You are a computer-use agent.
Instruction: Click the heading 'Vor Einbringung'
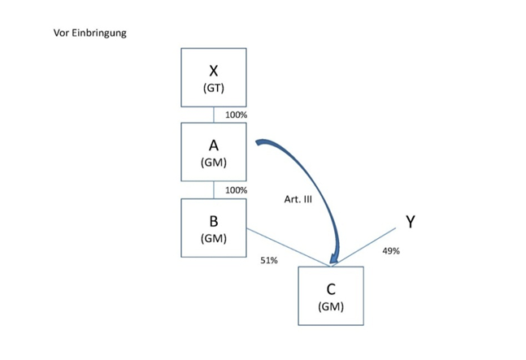[89, 33]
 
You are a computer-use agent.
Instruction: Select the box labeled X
[213, 77]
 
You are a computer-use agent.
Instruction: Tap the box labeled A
[213, 152]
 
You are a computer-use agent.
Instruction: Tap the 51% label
[268, 261]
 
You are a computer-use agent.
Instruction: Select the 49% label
[390, 251]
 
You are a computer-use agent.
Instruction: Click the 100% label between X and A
[236, 115]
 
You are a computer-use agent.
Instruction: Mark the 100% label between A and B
[236, 190]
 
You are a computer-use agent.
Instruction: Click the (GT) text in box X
[213, 89]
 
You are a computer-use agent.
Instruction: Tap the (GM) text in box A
[213, 163]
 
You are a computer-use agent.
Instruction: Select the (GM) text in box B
[213, 238]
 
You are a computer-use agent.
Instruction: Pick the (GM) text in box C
[331, 306]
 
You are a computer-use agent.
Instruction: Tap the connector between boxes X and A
[213, 115]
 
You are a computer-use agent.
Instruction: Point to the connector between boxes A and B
[213, 190]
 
